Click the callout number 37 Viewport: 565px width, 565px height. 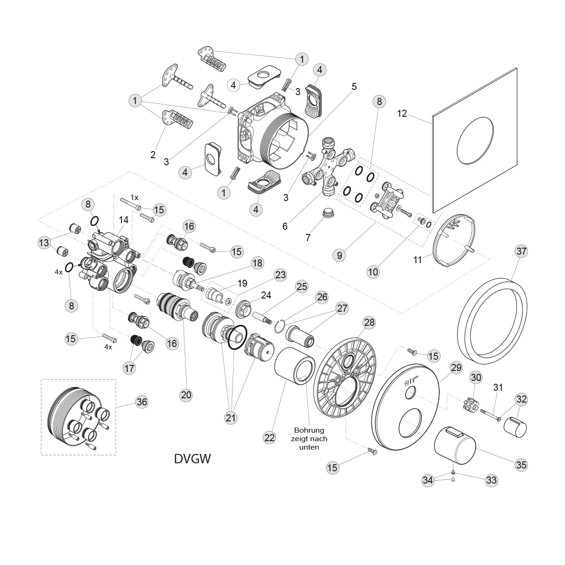point(521,251)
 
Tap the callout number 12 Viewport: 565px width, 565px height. point(402,113)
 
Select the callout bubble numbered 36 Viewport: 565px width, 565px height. point(141,402)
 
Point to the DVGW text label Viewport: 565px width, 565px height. point(192,458)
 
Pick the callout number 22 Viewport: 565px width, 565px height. point(269,437)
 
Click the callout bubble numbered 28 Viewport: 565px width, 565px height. point(369,323)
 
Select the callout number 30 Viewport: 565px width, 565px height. point(476,377)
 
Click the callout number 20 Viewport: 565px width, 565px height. point(186,395)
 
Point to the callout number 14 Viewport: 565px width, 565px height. point(123,219)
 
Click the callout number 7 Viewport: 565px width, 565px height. point(308,237)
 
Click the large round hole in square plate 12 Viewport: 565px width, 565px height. point(476,139)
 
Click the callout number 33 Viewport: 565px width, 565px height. point(491,480)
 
